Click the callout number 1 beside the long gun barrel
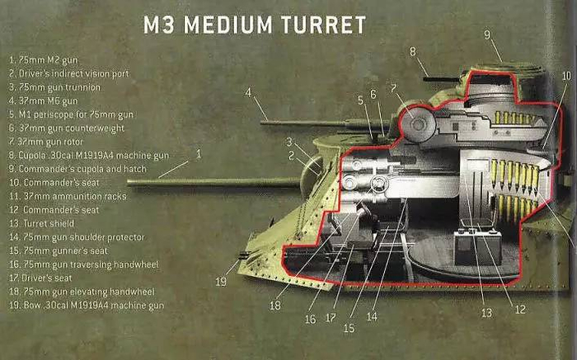click(x=199, y=154)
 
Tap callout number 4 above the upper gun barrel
click(x=247, y=92)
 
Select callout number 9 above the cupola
click(x=487, y=35)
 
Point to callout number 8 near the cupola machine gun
click(x=413, y=51)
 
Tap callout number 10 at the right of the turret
click(x=565, y=76)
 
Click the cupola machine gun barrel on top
click(x=435, y=78)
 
